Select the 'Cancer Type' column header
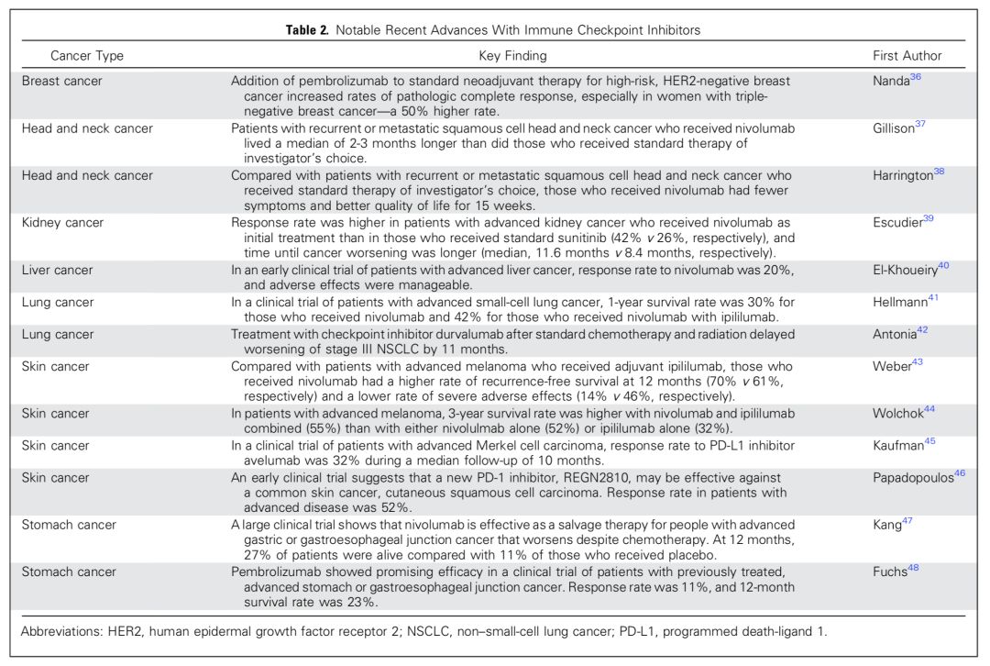pyautogui.click(x=87, y=56)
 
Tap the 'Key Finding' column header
pyautogui.click(x=512, y=56)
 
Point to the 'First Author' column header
pyautogui.click(x=907, y=56)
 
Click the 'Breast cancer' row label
pyautogui.click(x=62, y=81)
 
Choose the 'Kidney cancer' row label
pyautogui.click(x=63, y=223)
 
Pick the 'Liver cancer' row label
pyautogui.click(x=58, y=271)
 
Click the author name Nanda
pyautogui.click(x=891, y=81)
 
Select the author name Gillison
pyautogui.click(x=894, y=128)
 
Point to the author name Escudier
pyautogui.click(x=896, y=223)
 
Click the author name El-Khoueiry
pyautogui.click(x=905, y=271)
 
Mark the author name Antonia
pyautogui.click(x=895, y=334)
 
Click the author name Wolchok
pyautogui.click(x=897, y=414)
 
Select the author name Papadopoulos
pyautogui.click(x=913, y=478)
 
